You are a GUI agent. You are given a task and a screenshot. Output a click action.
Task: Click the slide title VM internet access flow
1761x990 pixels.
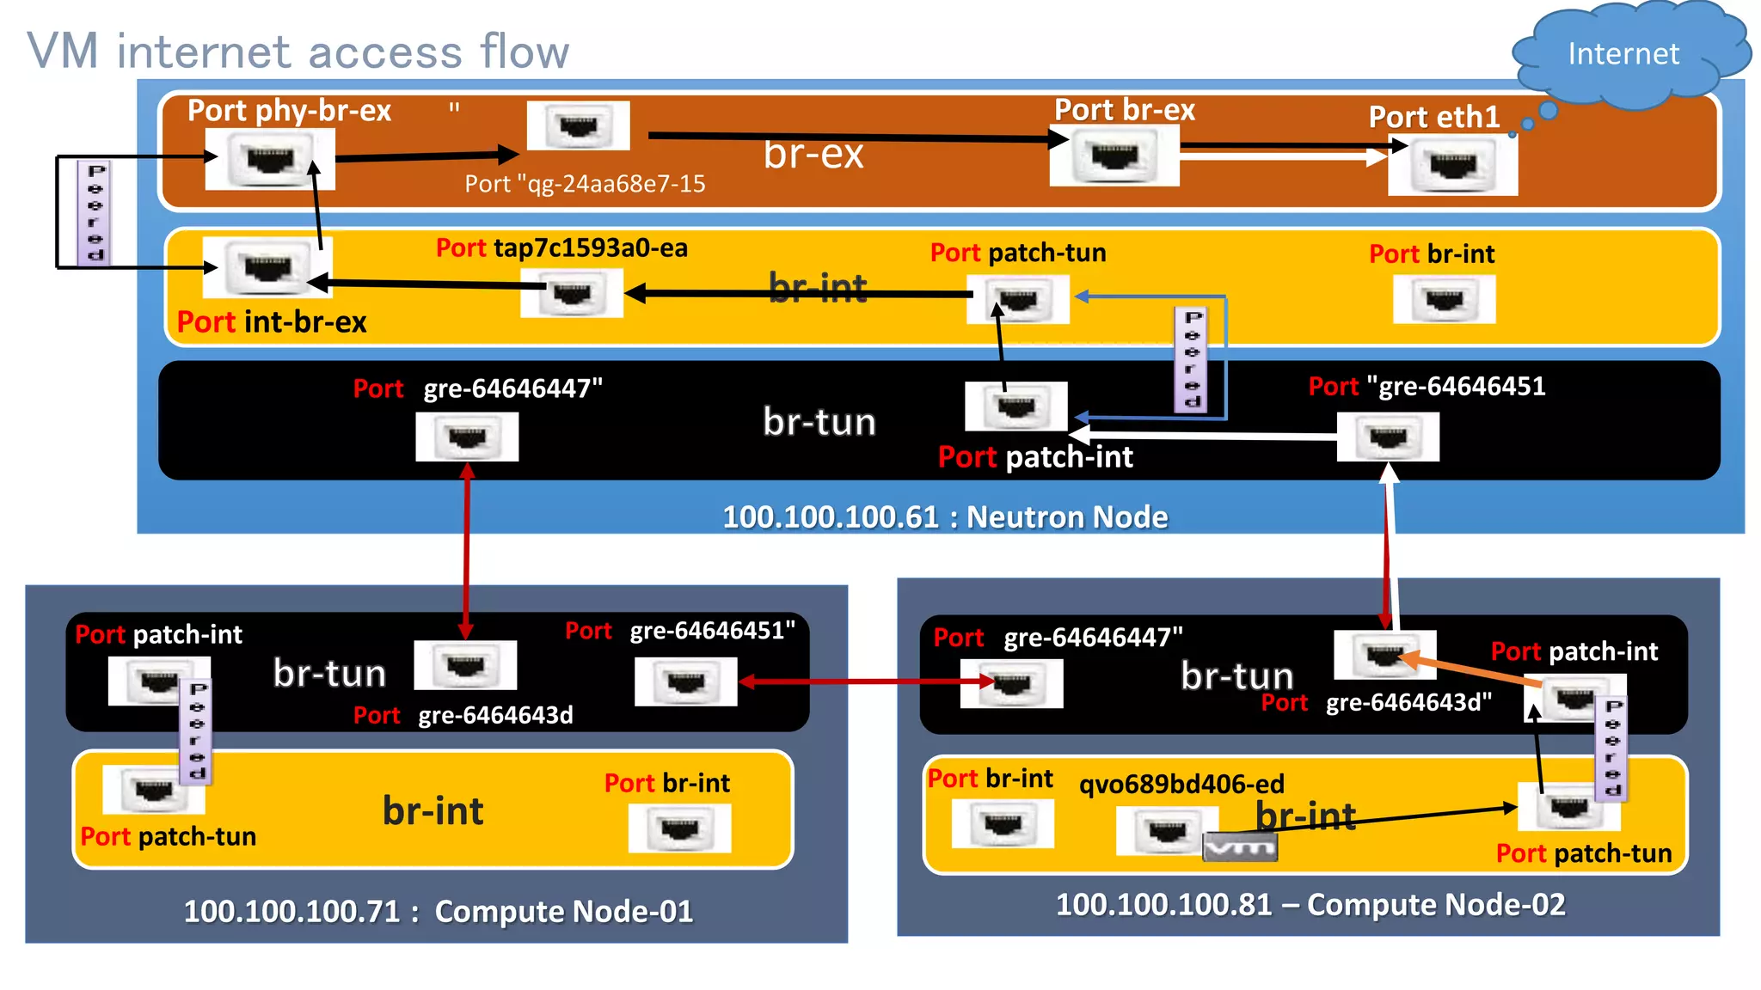298,52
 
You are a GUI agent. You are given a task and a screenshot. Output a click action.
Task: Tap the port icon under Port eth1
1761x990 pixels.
1452,166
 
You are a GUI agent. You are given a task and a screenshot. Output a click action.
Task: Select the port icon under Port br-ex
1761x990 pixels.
1114,156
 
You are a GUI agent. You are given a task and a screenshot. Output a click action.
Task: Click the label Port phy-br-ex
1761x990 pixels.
289,111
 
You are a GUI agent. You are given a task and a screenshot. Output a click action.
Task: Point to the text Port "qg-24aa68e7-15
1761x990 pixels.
585,184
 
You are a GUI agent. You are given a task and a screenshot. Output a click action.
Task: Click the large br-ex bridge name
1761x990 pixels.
813,155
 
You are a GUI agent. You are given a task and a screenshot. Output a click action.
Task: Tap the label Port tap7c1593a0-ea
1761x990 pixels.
561,248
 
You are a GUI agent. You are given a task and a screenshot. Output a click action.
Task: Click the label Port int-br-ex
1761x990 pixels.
272,322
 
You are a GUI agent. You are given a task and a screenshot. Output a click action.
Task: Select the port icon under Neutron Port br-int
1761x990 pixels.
1444,300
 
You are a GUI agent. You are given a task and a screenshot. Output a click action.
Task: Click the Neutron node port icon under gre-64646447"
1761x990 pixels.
467,437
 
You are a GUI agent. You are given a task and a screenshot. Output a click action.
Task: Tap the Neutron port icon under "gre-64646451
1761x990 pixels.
1387,437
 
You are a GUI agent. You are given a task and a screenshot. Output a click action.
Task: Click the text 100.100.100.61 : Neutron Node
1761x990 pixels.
944,517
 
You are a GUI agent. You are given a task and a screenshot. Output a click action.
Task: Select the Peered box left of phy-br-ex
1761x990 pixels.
95,212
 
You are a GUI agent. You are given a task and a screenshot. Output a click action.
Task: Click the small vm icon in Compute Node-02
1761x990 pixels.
1239,847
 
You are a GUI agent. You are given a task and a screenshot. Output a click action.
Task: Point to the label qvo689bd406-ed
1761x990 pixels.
1181,785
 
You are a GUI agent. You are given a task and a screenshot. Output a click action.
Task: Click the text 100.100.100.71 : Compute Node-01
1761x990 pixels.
438,912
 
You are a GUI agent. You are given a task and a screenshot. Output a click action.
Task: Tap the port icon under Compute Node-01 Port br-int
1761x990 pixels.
679,828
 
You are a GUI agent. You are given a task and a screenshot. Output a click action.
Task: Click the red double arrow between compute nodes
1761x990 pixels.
864,681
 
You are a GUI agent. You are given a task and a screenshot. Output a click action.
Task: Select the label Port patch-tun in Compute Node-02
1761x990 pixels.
1583,853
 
